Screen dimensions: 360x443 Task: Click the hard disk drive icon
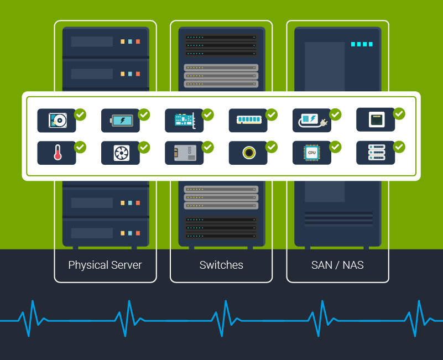point(56,120)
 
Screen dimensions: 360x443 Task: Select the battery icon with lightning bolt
point(120,120)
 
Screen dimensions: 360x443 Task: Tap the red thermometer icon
point(57,153)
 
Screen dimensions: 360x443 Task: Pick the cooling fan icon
point(121,153)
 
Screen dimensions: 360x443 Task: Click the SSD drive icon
point(184,153)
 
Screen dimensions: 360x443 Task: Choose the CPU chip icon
point(311,153)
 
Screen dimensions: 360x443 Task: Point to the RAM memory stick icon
point(248,120)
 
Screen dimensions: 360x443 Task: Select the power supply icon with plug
point(311,120)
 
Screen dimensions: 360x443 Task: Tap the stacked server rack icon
point(376,153)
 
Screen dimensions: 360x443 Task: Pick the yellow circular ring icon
point(248,153)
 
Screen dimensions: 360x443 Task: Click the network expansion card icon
point(184,120)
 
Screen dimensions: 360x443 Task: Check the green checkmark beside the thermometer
point(80,147)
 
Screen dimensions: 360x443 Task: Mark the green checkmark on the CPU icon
point(335,147)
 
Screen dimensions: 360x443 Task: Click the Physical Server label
point(105,265)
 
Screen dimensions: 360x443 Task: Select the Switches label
point(221,265)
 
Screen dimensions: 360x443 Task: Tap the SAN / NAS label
point(337,265)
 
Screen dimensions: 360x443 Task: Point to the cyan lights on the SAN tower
point(362,44)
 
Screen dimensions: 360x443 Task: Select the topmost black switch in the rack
point(221,38)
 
